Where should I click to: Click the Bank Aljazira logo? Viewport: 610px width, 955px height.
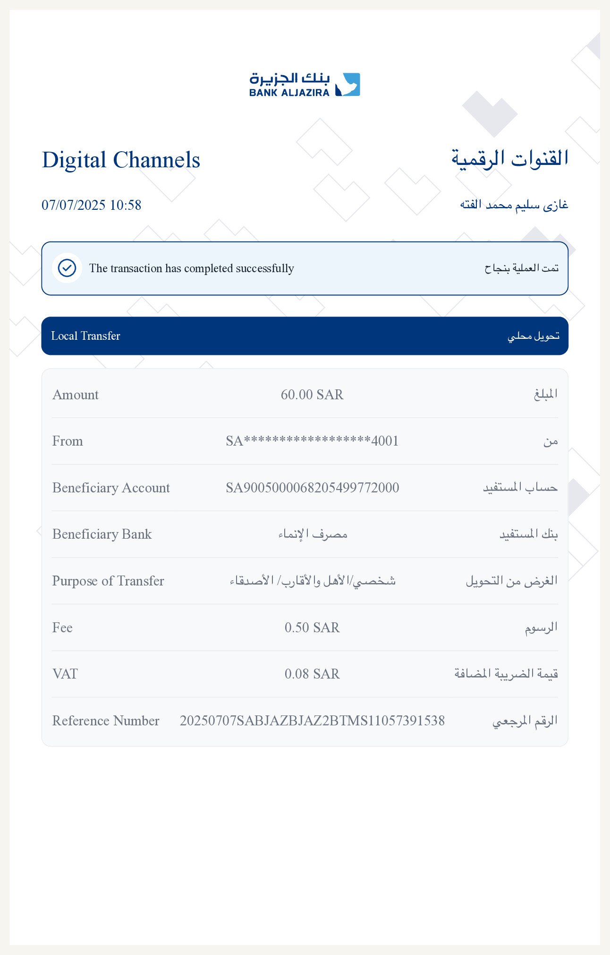coord(305,85)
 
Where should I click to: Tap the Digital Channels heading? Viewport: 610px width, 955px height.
coord(121,160)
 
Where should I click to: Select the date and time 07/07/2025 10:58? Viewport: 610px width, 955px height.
coord(92,205)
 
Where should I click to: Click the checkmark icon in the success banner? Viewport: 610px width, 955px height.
coord(67,268)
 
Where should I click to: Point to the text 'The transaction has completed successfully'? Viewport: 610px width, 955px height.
coord(191,268)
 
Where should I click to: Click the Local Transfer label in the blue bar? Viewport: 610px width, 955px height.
coord(85,336)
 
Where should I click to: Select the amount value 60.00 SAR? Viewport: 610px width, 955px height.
coord(312,395)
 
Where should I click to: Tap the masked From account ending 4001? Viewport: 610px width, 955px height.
coord(312,441)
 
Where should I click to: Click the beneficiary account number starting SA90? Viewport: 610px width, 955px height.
coord(312,488)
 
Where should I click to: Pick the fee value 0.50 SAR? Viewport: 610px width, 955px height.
coord(312,628)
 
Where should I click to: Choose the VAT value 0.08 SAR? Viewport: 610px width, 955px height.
coord(312,674)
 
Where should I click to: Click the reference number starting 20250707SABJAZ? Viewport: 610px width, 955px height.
coord(312,721)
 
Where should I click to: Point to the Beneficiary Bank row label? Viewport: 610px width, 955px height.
coord(102,534)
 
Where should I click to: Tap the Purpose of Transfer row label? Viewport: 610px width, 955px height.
coord(108,581)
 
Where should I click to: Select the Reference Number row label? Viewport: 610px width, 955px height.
coord(106,721)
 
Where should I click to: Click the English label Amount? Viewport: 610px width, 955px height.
coord(76,395)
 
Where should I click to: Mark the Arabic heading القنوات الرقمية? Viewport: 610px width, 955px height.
coord(509,159)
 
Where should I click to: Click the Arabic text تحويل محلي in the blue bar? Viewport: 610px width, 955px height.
coord(534,336)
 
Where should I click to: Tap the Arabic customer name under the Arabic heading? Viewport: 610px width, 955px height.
coord(514,205)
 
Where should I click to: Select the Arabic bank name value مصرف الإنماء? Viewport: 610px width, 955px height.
coord(313,534)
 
